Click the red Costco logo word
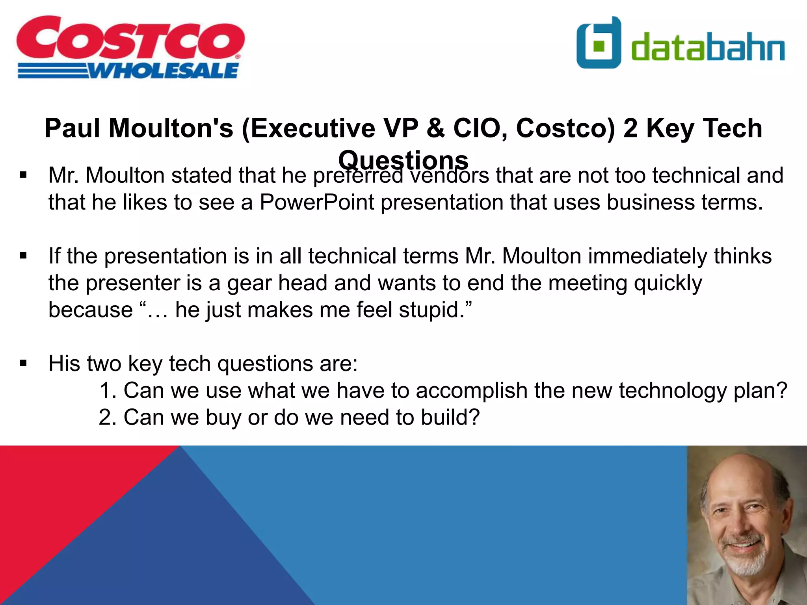coord(130,39)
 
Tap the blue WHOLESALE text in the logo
coord(164,71)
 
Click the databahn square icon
coord(599,43)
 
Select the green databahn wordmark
coord(708,47)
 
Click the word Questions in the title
coord(403,160)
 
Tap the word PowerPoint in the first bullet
coord(316,202)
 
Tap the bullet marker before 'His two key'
coord(23,363)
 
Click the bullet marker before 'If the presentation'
coord(23,256)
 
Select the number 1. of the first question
coord(108,390)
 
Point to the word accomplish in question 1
coord(471,391)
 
